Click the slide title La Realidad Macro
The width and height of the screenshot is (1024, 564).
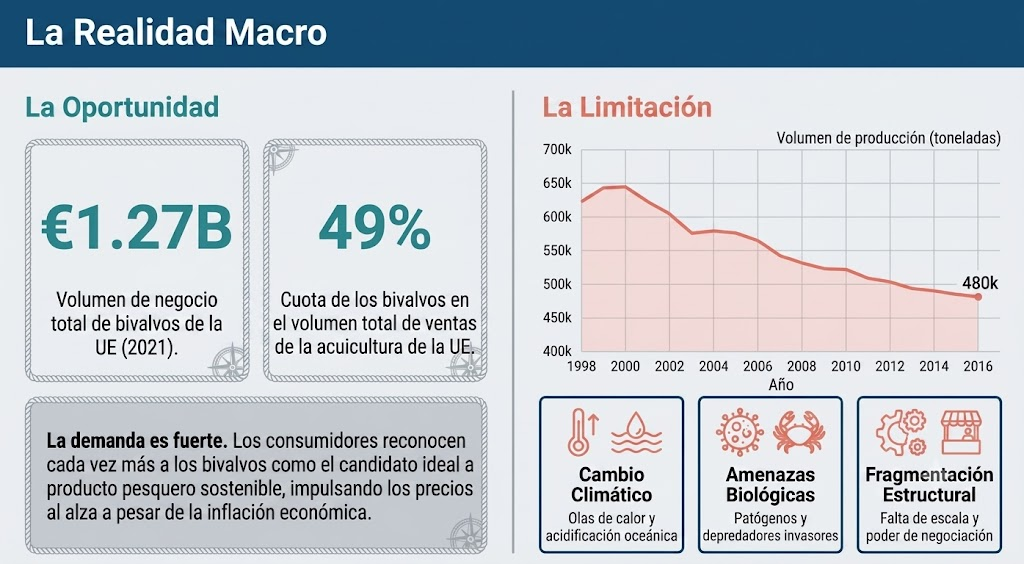176,33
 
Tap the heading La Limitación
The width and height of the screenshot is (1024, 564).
627,107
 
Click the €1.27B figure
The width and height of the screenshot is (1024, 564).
136,227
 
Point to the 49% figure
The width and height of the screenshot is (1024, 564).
375,227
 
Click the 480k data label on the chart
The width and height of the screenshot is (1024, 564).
980,283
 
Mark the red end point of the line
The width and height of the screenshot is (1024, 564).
978,297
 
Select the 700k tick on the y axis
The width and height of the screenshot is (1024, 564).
557,149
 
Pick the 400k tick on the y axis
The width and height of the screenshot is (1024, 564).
557,351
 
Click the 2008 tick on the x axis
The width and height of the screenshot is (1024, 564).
801,366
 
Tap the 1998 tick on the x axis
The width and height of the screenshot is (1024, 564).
581,366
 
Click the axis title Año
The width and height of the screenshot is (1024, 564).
781,384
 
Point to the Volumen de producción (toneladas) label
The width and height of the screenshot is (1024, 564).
888,138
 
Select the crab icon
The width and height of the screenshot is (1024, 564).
799,431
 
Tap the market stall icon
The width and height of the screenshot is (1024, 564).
961,432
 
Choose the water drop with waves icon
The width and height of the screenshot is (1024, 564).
636,432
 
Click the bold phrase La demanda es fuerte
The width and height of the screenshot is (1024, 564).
137,441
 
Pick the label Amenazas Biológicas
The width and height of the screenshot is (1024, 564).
770,484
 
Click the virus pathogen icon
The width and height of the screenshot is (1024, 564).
739,431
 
